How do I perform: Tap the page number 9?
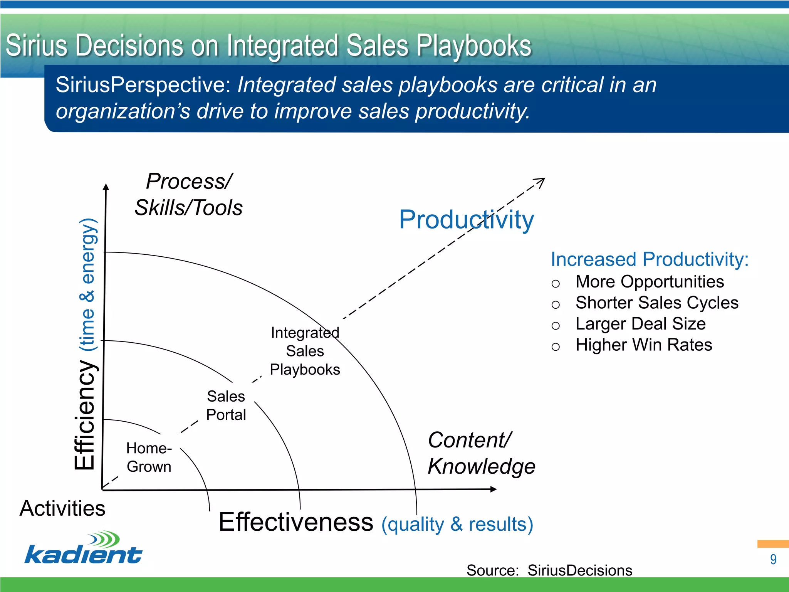773,560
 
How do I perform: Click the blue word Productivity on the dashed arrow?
466,220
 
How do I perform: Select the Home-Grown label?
149,457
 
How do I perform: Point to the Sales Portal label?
226,405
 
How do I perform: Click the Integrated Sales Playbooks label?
305,351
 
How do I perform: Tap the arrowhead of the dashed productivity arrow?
541,181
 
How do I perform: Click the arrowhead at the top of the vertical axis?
106,187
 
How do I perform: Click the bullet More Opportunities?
650,282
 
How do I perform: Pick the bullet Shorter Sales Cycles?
656,303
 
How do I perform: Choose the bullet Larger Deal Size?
640,324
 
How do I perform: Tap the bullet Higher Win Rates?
643,345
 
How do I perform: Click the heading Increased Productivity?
650,259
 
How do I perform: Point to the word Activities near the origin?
62,508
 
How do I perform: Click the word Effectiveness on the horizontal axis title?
295,522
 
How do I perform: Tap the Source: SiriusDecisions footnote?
549,570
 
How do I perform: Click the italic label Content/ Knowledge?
481,453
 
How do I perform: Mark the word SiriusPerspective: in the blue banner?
143,85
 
